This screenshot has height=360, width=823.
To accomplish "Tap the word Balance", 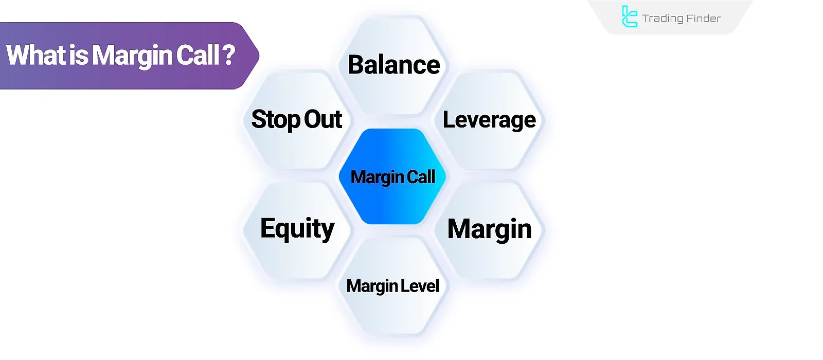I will tap(393, 65).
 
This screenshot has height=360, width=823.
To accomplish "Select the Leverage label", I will tap(489, 120).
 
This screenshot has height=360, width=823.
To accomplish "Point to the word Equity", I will tap(297, 229).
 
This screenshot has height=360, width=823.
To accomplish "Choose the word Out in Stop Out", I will tap(323, 119).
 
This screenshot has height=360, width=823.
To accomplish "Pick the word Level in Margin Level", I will tap(420, 286).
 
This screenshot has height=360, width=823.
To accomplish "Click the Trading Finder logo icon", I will tap(629, 16).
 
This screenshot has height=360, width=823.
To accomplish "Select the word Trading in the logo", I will tap(663, 19).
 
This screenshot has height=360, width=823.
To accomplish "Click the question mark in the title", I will tap(229, 55).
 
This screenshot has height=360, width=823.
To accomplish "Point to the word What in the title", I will tap(36, 55).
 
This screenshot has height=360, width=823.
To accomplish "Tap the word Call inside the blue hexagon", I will tap(421, 177).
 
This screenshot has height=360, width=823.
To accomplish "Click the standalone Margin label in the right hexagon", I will tap(489, 229).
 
